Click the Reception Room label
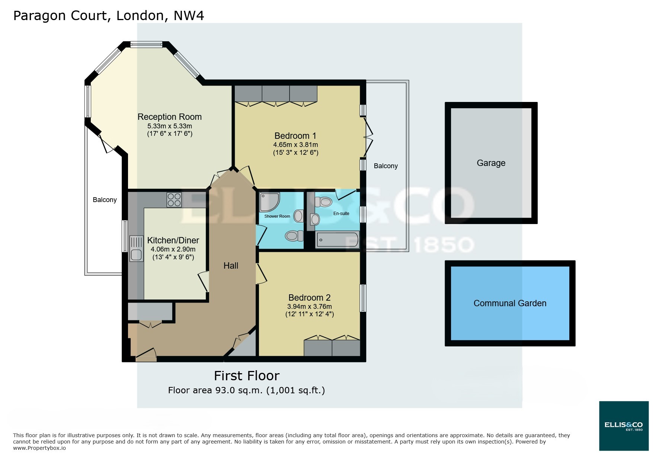pos(169,117)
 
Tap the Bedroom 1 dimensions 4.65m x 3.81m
pos(295,145)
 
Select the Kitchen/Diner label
pos(173,240)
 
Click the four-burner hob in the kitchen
pos(174,199)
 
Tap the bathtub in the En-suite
pos(337,240)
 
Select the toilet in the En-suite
pos(323,202)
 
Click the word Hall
pos(231,266)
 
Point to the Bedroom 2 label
pos(309,298)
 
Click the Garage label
pos(491,163)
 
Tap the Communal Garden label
pos(510,303)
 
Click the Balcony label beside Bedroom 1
pos(386,166)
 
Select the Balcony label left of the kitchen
pos(105,200)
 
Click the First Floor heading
pos(246,376)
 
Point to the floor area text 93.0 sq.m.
pos(246,390)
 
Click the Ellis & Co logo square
pos(624,426)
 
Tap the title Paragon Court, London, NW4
pos(108,16)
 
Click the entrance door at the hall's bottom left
pos(146,356)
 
